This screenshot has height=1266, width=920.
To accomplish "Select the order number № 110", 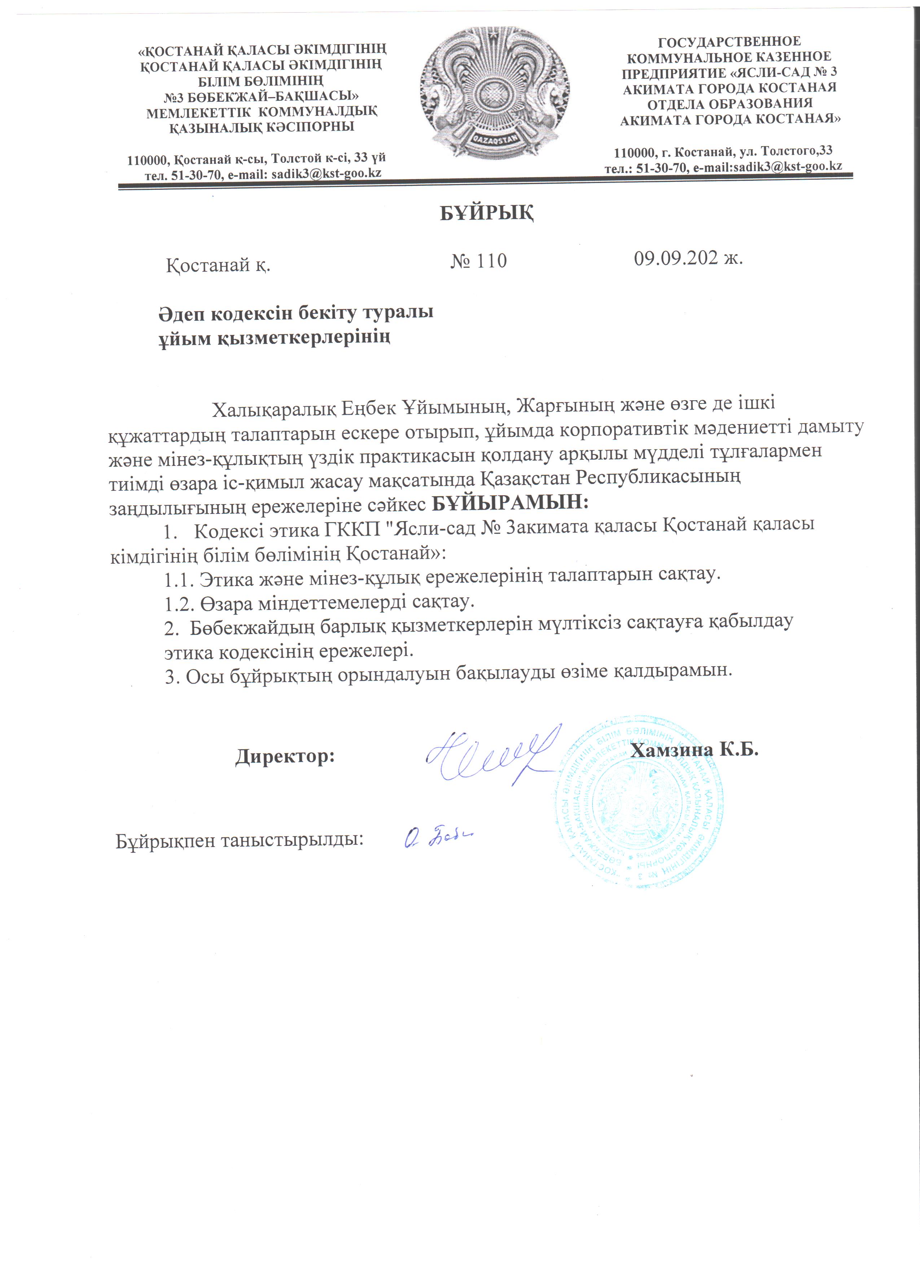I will point(479,261).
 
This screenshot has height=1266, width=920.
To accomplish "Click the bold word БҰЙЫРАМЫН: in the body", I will point(511,502).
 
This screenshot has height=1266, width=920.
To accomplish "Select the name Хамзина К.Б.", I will point(694,750).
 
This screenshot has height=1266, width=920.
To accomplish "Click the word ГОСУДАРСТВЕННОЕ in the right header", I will point(729,41).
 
